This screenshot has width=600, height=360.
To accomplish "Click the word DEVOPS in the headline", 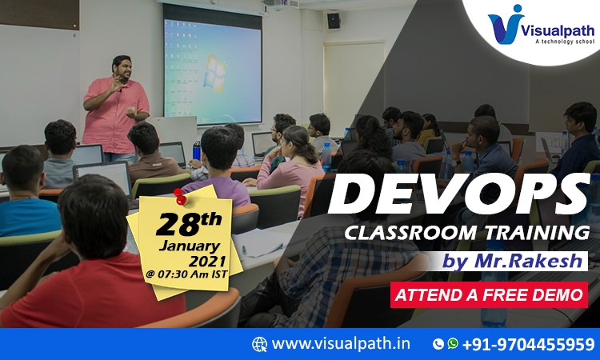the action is point(459,194).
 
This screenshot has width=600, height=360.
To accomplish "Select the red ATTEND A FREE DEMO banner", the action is point(489,295).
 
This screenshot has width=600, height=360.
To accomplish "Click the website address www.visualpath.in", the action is point(341,343).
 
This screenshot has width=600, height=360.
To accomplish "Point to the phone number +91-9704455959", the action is point(529,344).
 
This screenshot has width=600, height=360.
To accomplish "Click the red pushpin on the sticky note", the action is point(179,197).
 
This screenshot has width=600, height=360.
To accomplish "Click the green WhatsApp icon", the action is point(452,343).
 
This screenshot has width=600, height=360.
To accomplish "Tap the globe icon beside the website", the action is point(259,344).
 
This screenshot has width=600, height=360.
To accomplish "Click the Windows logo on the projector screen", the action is point(214,73).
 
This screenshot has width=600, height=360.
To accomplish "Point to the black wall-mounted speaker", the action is point(334,21).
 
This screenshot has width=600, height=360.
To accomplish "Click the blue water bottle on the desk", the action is point(197,150).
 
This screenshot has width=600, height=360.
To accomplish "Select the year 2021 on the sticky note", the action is point(207,261).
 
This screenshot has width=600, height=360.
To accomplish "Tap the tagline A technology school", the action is point(565,42).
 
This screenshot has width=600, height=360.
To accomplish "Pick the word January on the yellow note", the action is point(190,246).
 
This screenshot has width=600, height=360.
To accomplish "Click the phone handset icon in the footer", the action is point(438,344).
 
